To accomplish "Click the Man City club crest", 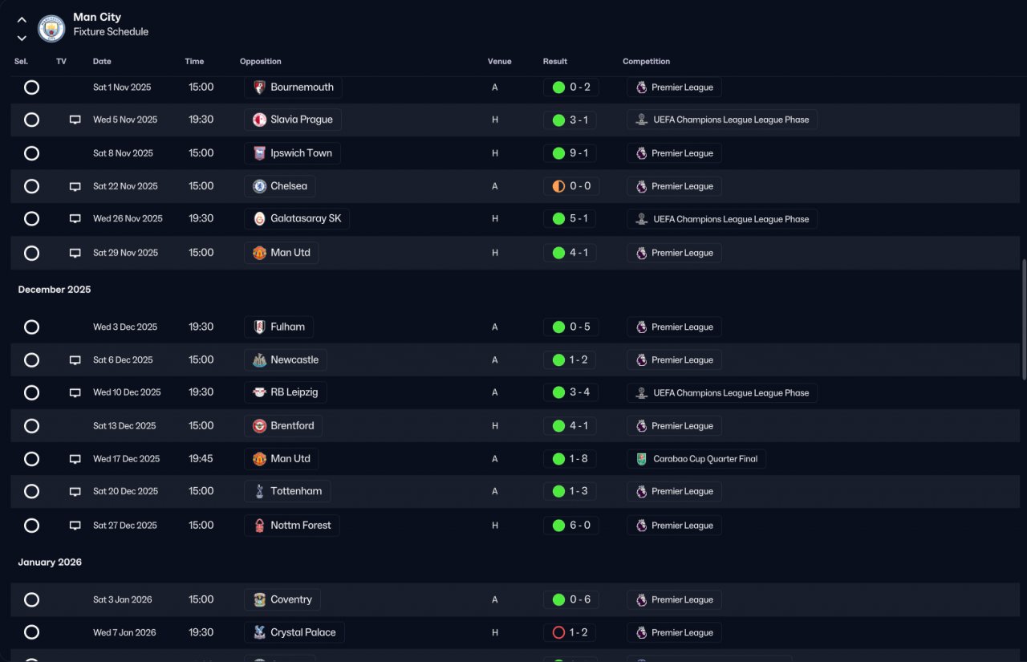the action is [x=51, y=28].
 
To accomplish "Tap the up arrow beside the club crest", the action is [x=22, y=20].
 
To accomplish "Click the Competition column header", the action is [x=646, y=62].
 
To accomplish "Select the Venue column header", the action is [x=499, y=62].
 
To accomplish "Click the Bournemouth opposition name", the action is [x=302, y=87].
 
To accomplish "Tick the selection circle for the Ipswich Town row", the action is [x=31, y=153].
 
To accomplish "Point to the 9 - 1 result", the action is [x=578, y=153].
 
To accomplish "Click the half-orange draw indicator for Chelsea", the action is [x=558, y=186].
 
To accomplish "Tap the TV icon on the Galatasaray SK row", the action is [x=75, y=219].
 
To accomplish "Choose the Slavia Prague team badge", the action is [x=259, y=120].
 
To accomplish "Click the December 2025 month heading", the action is [x=55, y=290].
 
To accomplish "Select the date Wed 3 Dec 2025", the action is [x=125, y=327].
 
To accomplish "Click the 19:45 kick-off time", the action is [x=201, y=458].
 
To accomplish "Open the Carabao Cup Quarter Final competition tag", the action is [x=696, y=459].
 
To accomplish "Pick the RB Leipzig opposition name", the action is [x=294, y=392].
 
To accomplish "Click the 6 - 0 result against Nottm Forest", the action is [x=580, y=526].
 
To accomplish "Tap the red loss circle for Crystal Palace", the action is [x=558, y=632].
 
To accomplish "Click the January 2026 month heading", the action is [x=50, y=562].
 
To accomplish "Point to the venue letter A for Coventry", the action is [x=495, y=599].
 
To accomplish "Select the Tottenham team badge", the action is [x=259, y=491].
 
